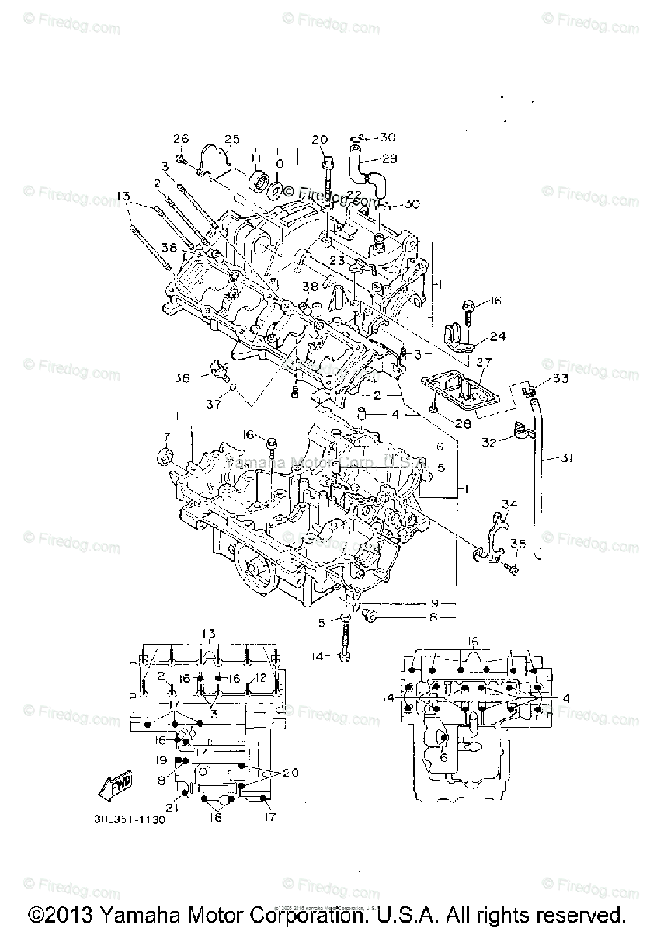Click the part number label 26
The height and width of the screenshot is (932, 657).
pos(181,139)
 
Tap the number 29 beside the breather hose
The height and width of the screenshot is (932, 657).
pos(389,158)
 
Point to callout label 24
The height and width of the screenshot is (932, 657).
pos(497,336)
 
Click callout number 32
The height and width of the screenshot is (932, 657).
pos(488,443)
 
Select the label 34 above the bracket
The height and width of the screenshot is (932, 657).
pos(508,506)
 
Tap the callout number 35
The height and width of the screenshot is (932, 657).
pos(518,544)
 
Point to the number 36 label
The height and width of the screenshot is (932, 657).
pos(182,378)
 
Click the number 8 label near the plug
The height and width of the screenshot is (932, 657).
pos(434,618)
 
